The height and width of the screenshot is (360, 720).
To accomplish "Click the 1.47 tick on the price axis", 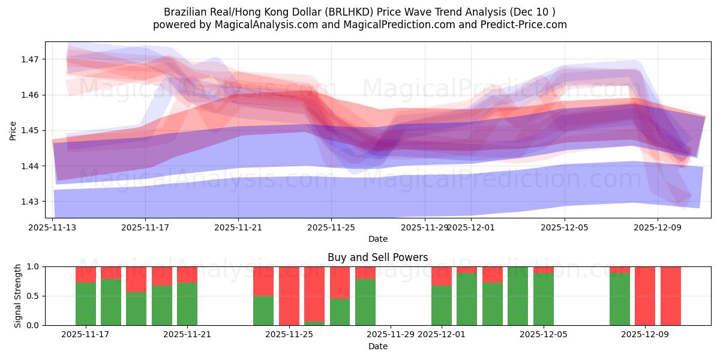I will click(x=30, y=59).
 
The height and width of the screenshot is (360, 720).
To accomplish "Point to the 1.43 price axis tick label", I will click(x=30, y=202).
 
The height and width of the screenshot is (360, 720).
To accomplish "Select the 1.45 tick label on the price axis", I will click(x=30, y=130).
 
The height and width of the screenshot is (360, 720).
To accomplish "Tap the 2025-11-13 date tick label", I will click(x=53, y=227).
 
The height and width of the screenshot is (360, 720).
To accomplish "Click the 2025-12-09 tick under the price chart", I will click(x=658, y=227).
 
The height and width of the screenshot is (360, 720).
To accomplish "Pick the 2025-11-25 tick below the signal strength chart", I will click(x=289, y=335).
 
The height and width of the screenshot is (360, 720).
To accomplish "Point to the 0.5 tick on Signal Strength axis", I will click(x=33, y=296).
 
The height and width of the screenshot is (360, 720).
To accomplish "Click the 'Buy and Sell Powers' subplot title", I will click(x=378, y=257).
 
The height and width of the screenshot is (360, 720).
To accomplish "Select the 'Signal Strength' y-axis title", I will click(x=18, y=296).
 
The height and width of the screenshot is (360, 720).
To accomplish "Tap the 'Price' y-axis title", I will click(x=13, y=130).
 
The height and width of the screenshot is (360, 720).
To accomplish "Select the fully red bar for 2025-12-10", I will click(x=671, y=296).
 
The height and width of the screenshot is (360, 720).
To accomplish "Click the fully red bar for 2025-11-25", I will click(x=289, y=296).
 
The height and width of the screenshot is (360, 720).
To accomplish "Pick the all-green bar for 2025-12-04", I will click(x=518, y=296).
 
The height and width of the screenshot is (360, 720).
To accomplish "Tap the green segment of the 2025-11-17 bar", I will click(x=86, y=304).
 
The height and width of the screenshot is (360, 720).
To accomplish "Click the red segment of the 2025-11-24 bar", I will click(x=263, y=281).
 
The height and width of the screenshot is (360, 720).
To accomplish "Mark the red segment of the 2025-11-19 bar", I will click(x=136, y=280).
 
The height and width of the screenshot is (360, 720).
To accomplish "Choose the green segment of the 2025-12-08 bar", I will click(x=620, y=299).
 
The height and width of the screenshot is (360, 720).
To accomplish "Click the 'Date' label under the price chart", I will click(x=378, y=239).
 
